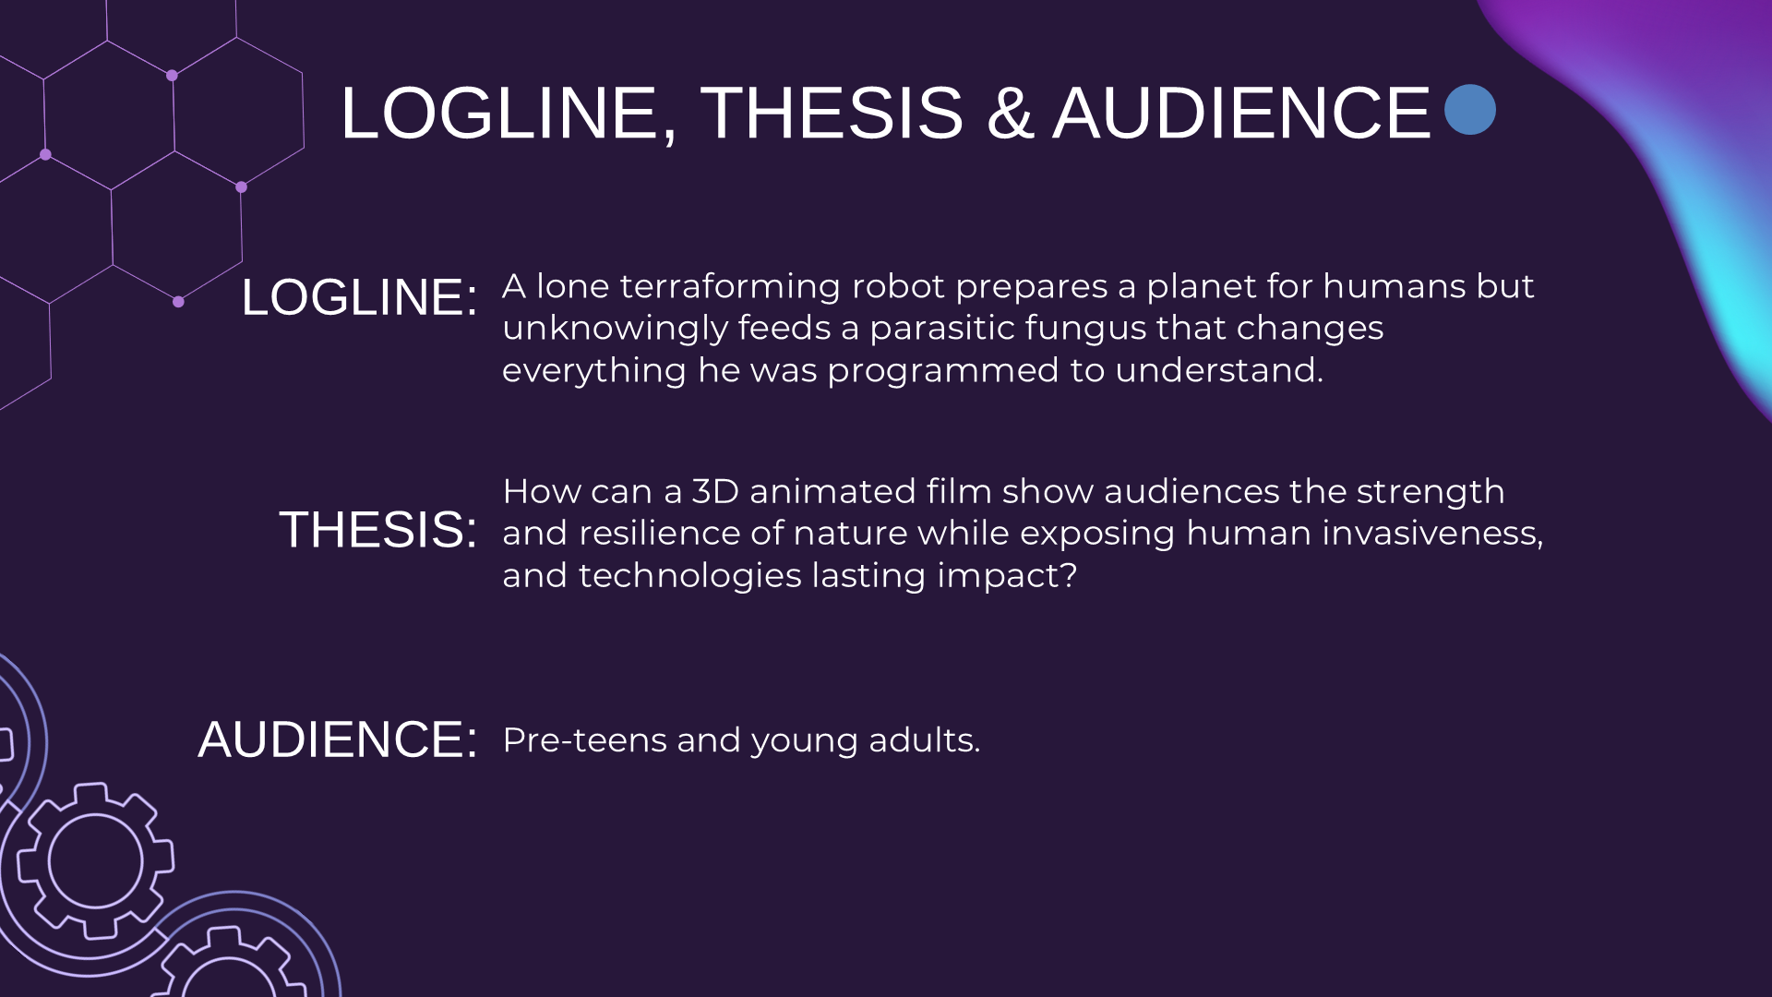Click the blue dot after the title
[x=1469, y=110]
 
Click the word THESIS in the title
[x=832, y=114]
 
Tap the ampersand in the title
[x=1009, y=114]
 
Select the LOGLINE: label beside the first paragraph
[x=359, y=297]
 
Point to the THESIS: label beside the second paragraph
[x=377, y=530]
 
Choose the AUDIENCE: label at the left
[x=338, y=739]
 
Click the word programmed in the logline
[x=942, y=370]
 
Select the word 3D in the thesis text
[x=715, y=491]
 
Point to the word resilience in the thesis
[x=676, y=534]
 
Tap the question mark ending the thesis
[x=1069, y=575]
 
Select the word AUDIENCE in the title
[x=1241, y=114]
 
